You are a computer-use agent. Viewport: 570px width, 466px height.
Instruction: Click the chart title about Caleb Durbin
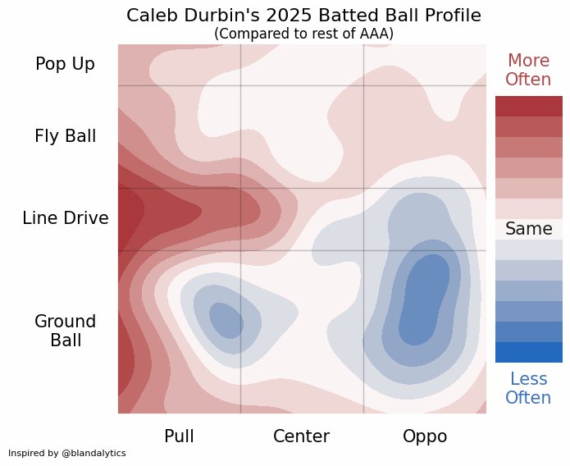303,16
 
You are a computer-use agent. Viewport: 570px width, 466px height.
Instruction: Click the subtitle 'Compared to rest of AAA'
303,34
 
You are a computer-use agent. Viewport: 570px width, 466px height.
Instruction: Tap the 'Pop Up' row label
65,64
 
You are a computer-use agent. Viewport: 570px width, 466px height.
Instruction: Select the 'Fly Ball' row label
65,136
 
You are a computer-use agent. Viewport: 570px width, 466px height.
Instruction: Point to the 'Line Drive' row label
65,218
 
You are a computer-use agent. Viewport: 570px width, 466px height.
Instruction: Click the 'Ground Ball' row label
65,331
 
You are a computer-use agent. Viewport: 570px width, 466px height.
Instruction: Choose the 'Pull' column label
179,436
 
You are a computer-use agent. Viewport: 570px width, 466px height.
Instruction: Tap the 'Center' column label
301,436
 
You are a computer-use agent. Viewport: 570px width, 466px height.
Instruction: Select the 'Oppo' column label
425,436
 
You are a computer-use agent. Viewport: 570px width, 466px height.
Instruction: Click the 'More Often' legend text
528,71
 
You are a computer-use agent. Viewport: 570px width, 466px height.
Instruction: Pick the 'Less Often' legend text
528,388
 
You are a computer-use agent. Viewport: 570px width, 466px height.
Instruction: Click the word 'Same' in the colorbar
528,229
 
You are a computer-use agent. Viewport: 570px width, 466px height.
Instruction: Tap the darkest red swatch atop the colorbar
528,106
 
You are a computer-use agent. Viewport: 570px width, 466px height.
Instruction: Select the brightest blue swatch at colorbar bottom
528,352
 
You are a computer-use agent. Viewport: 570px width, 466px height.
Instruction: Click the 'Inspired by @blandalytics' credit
67,453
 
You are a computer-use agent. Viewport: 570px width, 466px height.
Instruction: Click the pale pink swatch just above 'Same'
528,208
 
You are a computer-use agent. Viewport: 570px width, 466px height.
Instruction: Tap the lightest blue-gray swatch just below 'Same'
528,249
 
